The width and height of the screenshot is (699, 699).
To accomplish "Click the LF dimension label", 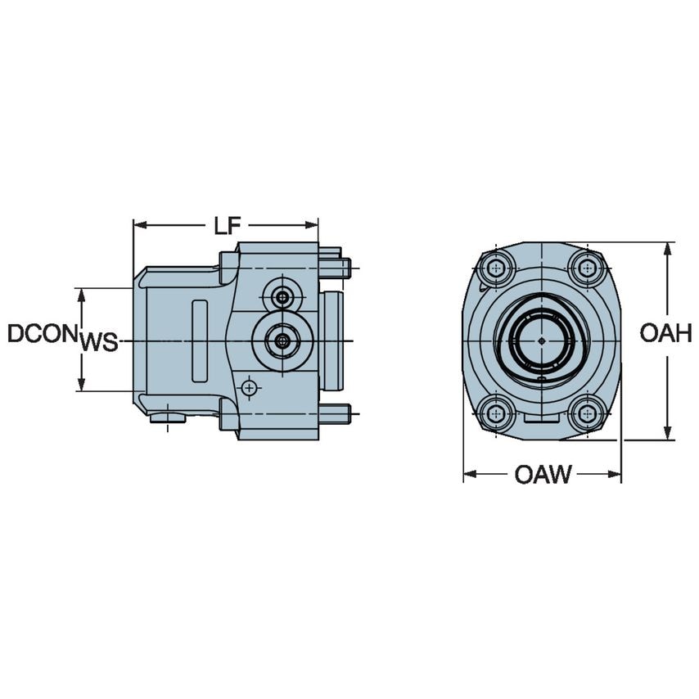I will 227,226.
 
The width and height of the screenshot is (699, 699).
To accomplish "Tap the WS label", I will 99,343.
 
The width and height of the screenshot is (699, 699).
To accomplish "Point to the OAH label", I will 666,333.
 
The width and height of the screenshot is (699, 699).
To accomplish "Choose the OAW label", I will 543,474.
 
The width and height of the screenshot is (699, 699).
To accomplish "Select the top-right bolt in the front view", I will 587,267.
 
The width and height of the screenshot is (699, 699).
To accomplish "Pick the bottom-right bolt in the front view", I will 587,413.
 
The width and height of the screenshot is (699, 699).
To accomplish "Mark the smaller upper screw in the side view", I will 282,295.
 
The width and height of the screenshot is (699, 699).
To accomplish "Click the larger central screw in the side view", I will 282,340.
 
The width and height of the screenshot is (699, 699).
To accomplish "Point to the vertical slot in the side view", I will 200,340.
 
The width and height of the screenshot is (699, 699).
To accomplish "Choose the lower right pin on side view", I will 336,414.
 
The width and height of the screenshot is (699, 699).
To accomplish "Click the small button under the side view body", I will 168,418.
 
